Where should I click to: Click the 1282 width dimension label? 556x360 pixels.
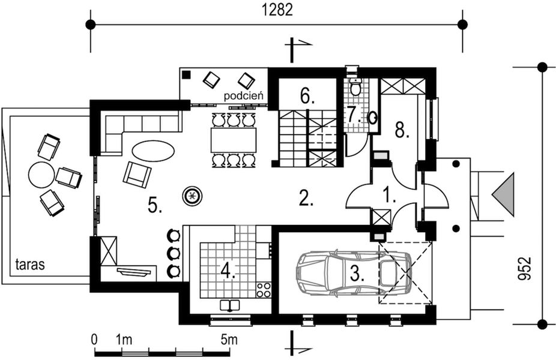[276, 10]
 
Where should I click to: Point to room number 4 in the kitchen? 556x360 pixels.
[227, 271]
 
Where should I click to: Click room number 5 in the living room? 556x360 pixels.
[155, 205]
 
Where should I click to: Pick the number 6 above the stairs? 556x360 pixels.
[305, 95]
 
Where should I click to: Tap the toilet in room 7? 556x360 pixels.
[355, 88]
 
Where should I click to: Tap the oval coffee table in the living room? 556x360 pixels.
[153, 150]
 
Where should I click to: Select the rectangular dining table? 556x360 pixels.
[234, 140]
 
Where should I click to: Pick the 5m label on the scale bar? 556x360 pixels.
[228, 340]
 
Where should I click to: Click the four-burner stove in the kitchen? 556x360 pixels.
[264, 290]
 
